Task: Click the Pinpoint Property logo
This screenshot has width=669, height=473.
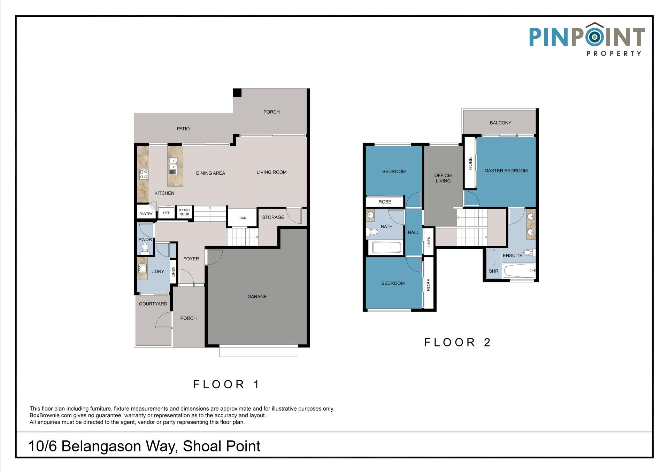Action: coord(587,39)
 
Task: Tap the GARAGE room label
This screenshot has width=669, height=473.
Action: coord(257,297)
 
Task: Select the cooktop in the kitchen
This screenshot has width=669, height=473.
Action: coord(144,174)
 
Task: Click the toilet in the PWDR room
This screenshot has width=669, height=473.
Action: coord(145,248)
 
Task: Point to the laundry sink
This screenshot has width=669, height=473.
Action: coord(143,269)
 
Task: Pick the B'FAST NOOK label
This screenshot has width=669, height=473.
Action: coord(184,212)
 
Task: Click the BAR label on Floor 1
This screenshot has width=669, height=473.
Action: coord(243,218)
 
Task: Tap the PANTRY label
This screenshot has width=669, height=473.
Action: coord(146,214)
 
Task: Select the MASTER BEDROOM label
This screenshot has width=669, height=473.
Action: coord(506,170)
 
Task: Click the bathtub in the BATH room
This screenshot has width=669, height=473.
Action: coord(387,248)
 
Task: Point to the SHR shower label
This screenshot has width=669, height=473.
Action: coord(494,271)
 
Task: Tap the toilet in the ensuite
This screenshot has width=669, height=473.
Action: coord(529,252)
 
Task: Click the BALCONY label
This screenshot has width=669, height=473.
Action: coord(500,123)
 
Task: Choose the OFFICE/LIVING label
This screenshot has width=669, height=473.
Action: coord(443,178)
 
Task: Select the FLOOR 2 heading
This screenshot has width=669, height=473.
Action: coord(457,342)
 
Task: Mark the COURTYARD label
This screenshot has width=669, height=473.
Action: coord(153,304)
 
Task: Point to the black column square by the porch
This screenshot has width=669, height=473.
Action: coord(237,93)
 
